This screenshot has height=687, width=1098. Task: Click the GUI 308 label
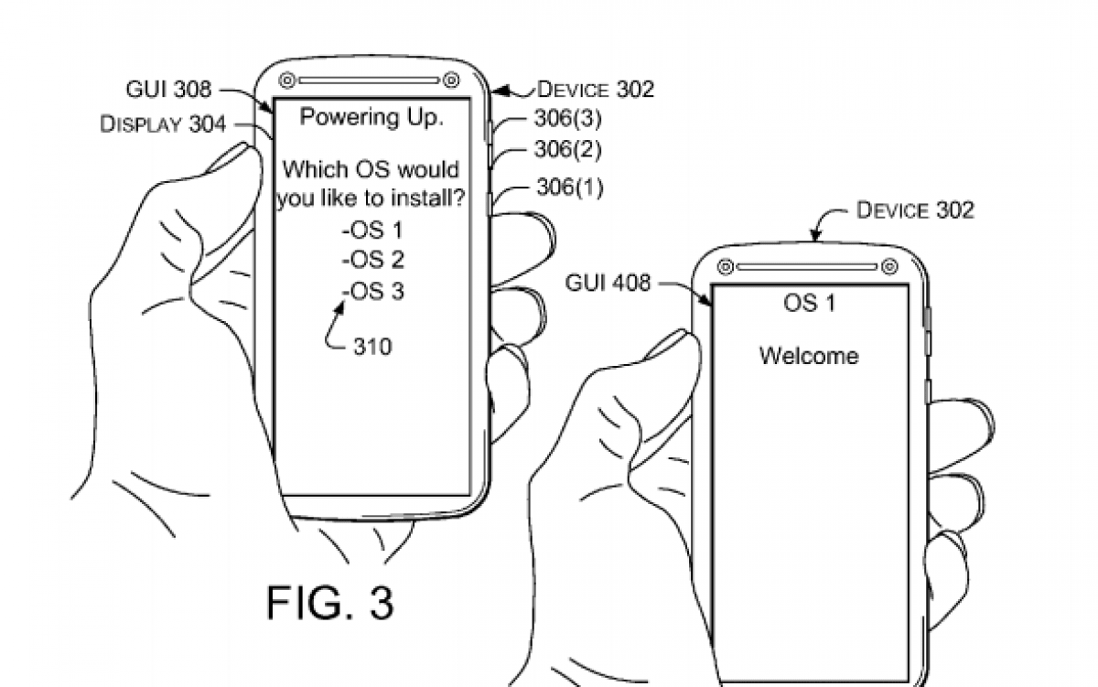point(168,89)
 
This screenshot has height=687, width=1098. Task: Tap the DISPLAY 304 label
point(163,124)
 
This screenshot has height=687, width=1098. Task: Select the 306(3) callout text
point(567,118)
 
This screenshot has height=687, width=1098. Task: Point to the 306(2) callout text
point(567,149)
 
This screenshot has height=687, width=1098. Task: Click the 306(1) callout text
point(570,187)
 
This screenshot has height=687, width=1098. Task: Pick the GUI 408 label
point(608,283)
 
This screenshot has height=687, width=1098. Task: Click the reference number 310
point(372,347)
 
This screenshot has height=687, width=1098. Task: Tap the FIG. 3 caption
point(330,603)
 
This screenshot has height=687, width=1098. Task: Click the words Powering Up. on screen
point(371,118)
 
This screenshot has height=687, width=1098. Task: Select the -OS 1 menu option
point(372,231)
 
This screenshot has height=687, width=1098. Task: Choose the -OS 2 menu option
point(372,260)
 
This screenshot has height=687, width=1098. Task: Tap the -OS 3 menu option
point(372,292)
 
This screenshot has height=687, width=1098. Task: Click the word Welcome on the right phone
point(809,356)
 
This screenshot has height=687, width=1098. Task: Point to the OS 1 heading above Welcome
point(809,303)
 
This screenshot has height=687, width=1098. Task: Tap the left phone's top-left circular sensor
point(286,80)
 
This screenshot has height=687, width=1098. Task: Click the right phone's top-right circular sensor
point(889,266)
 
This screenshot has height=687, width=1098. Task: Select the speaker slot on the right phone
point(807,267)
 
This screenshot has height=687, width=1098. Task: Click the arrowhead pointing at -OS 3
point(339,306)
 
